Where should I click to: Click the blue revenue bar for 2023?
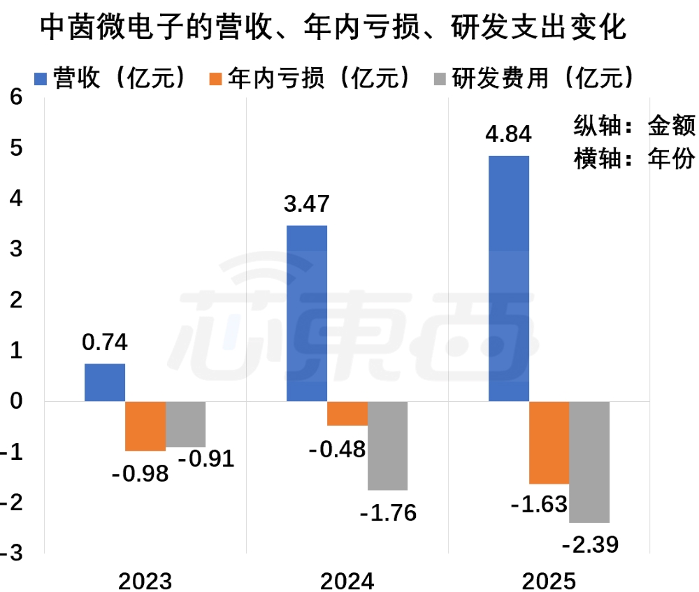coord(105,382)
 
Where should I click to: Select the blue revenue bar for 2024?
coord(307,313)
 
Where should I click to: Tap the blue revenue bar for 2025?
coord(508,278)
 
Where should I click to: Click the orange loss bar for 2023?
coord(145,426)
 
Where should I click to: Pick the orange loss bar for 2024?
coord(347,414)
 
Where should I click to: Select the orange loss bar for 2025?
coord(549,442)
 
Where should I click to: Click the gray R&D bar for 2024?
coord(387,446)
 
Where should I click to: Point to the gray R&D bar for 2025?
coord(589,462)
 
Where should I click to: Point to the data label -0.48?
coord(337,449)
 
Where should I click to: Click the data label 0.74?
coord(105,343)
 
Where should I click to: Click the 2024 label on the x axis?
coord(347,581)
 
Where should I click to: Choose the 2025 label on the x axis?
coord(549,581)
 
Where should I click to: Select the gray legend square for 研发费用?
coord(442,78)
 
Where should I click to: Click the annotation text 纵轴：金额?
coord(634,126)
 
